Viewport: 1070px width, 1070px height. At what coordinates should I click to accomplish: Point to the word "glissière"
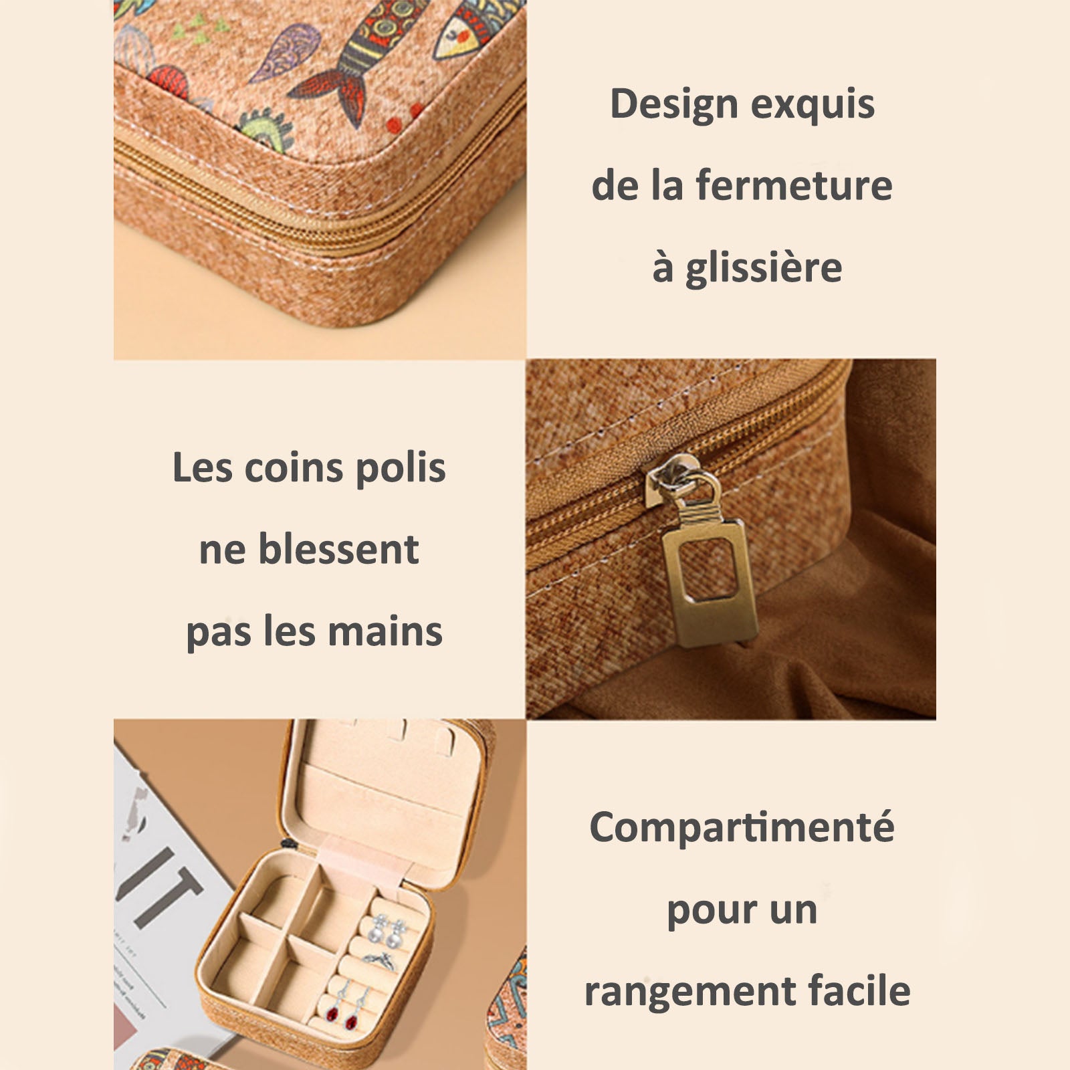tap(764, 268)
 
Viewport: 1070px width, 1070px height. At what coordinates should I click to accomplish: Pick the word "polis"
tap(401, 469)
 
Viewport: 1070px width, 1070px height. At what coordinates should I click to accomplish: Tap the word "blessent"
tap(338, 550)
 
